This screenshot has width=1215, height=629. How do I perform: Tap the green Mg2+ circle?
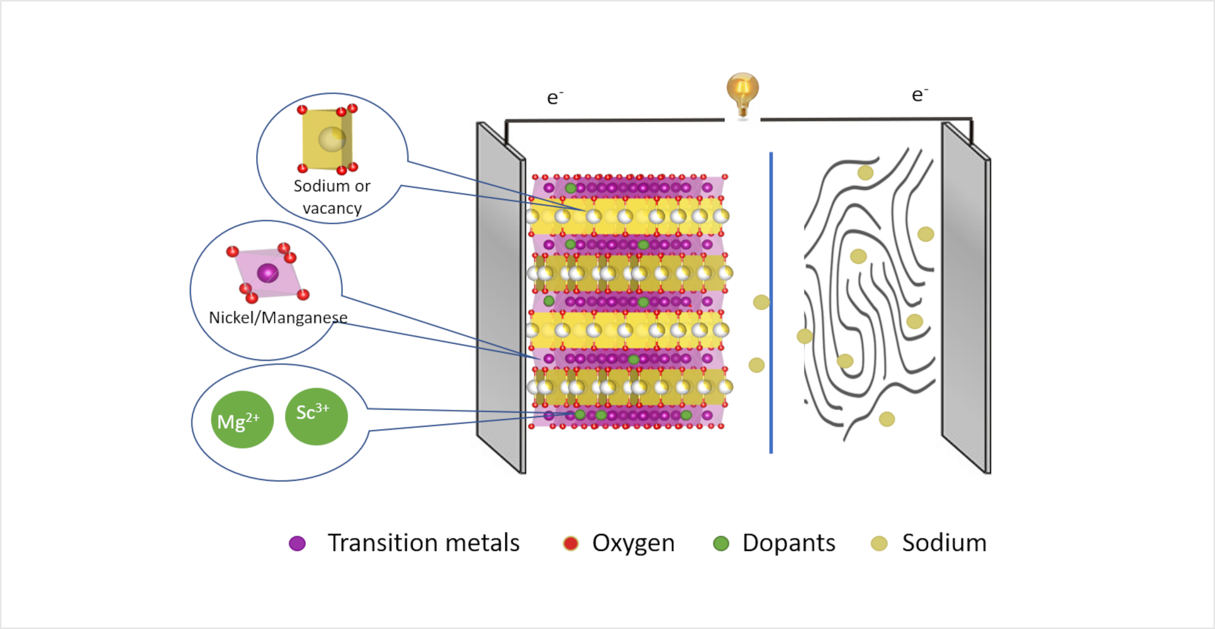[x=242, y=420]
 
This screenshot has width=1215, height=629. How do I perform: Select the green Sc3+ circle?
[x=316, y=416]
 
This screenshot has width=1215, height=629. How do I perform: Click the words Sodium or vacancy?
[x=332, y=197]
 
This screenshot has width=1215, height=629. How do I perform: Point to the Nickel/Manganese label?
[x=277, y=318]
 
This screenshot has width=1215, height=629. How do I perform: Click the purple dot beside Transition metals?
[x=297, y=543]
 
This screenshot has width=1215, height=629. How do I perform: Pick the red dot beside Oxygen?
[x=571, y=543]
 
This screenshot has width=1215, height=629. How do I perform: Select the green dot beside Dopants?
[x=721, y=543]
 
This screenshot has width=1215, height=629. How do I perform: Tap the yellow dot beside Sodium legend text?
[x=879, y=543]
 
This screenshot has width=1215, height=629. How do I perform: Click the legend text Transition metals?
[x=423, y=543]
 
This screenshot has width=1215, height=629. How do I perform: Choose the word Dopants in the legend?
[x=788, y=543]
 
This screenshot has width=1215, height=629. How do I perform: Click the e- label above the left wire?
[x=554, y=97]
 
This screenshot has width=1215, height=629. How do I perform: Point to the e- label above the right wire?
[x=919, y=94]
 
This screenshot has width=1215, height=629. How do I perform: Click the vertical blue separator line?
[x=771, y=302]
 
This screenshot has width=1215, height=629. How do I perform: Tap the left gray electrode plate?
[x=500, y=296]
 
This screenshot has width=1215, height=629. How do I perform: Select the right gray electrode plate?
[x=965, y=296]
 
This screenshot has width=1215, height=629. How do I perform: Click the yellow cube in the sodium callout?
[x=326, y=140]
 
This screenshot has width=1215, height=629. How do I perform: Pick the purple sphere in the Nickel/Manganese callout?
[x=267, y=273]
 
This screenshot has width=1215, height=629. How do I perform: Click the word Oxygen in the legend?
[x=633, y=543]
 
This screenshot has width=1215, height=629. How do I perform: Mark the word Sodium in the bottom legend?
[x=944, y=543]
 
